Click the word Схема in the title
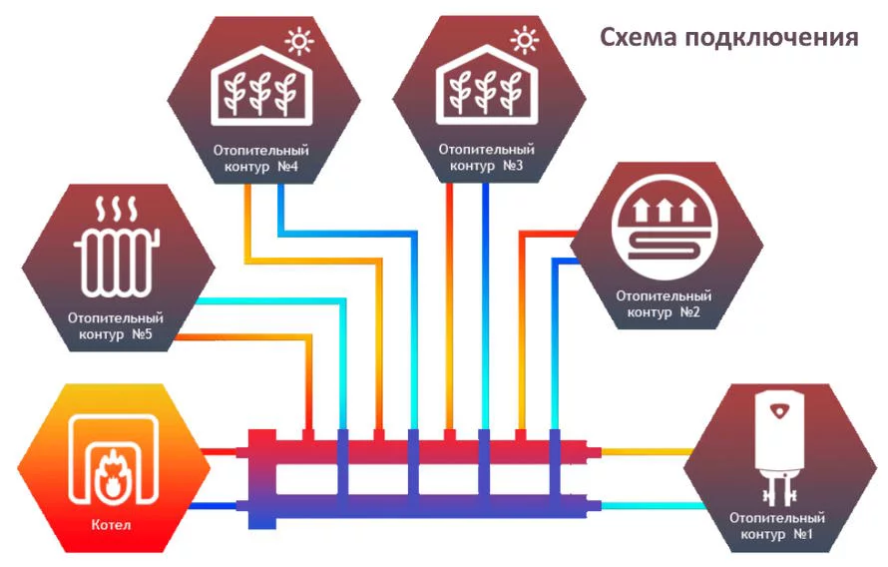tap(639, 37)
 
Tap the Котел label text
tap(111, 524)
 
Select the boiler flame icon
tap(112, 475)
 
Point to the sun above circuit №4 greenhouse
tap(299, 41)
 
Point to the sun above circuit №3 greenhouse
tap(525, 40)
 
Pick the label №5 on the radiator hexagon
tap(142, 334)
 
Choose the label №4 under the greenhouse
tap(287, 167)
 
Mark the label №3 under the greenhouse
tap(513, 166)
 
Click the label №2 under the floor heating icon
tap(689, 312)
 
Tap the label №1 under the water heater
tap(803, 534)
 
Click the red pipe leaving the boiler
tap(221, 452)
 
